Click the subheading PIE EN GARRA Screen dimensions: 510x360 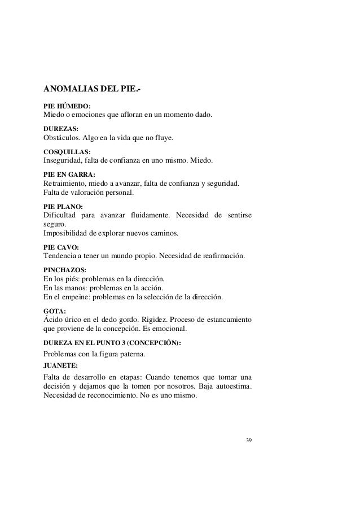pyautogui.click(x=69, y=175)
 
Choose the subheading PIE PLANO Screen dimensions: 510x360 pyautogui.click(x=63, y=206)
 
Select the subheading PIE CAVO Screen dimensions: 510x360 pyautogui.click(x=61, y=247)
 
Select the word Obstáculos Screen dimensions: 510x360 pyautogui.click(x=63, y=138)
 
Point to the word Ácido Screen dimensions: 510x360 pyautogui.click(x=54, y=319)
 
